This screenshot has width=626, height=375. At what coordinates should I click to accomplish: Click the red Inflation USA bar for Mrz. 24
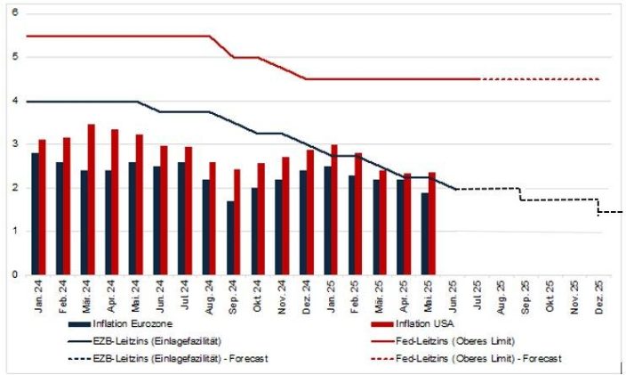(x=91, y=200)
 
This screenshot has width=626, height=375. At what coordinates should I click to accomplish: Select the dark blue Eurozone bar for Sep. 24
(x=229, y=238)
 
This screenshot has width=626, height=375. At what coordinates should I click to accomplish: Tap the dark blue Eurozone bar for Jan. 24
(x=34, y=214)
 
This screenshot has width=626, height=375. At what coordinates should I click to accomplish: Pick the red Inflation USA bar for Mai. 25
(x=431, y=224)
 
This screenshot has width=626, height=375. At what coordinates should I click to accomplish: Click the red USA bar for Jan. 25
(x=334, y=210)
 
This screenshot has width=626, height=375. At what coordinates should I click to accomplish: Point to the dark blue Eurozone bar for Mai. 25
(x=424, y=233)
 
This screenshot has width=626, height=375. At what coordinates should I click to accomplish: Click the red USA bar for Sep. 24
(x=237, y=222)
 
